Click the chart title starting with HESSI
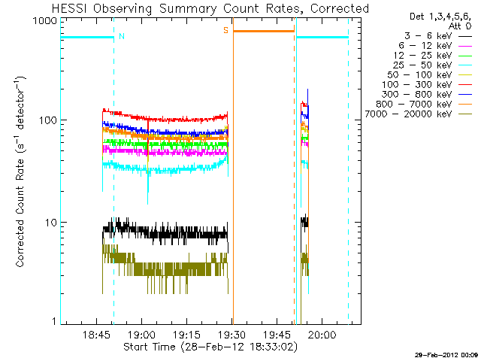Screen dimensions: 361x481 (210, 8)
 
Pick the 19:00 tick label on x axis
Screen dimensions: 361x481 (142, 335)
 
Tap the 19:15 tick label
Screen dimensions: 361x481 (186, 335)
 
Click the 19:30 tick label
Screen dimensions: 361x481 (231, 335)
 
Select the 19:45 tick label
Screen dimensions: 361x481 (277, 335)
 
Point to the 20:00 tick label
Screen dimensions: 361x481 (321, 335)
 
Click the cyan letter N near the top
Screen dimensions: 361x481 (123, 35)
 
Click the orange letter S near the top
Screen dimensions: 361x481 (225, 30)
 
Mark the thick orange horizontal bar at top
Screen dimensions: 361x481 (263, 31)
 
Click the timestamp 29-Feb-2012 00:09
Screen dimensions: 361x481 (446, 354)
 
